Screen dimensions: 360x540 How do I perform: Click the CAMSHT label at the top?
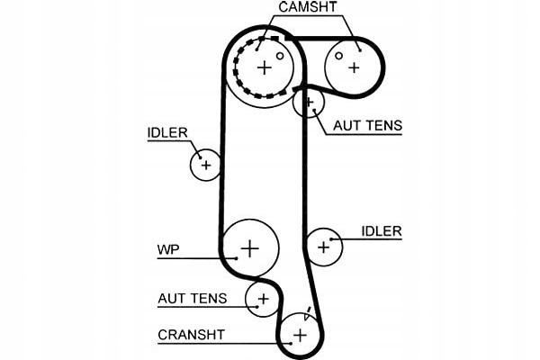tap(308, 9)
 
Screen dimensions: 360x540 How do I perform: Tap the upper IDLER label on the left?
tap(167, 132)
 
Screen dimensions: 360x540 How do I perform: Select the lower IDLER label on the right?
tap(382, 231)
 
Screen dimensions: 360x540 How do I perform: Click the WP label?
tap(167, 248)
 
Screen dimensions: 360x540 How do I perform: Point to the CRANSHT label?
tap(191, 335)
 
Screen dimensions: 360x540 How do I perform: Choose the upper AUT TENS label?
tap(367, 126)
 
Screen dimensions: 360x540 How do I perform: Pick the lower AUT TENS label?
tap(192, 298)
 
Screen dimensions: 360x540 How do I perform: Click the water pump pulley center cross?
tap(250, 247)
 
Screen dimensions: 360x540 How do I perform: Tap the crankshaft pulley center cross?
tap(300, 335)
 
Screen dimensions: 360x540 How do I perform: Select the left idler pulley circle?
tap(206, 165)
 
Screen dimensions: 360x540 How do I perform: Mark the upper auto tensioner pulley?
tap(309, 103)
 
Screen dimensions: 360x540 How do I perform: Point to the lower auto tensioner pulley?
tap(263, 298)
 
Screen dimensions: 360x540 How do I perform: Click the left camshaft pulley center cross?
tap(264, 67)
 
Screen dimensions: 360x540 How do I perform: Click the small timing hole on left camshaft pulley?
tap(280, 55)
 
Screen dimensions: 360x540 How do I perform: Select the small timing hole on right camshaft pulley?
tap(339, 55)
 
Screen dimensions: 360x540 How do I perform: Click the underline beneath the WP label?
tap(193, 258)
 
